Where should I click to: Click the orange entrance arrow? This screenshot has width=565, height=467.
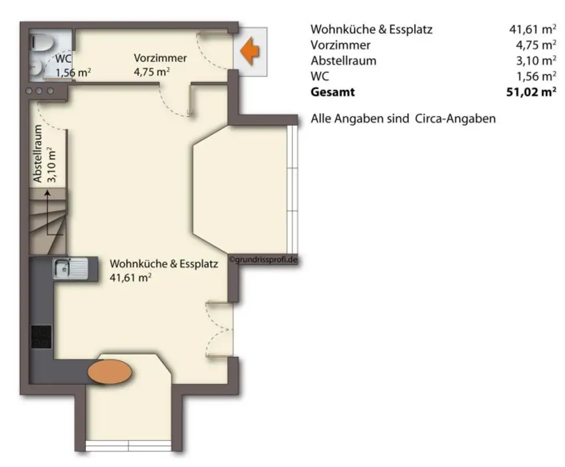tap(250, 51)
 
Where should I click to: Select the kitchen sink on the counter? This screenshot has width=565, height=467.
tap(70, 269)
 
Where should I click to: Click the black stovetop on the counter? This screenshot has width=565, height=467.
tap(41, 337)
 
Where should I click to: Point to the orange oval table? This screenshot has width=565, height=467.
tap(110, 372)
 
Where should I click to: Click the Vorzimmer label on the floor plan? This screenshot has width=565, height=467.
tap(160, 58)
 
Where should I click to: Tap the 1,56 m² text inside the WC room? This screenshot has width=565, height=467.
tap(73, 72)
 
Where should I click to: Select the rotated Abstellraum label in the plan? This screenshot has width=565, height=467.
tap(38, 155)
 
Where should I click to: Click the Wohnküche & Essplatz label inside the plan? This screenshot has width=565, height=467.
tap(164, 264)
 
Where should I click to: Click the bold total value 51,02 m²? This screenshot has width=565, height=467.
tap(531, 92)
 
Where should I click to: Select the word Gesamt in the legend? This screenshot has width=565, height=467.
tap(333, 92)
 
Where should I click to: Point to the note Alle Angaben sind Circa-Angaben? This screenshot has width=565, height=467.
tap(403, 119)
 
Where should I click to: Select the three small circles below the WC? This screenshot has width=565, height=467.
tap(39, 91)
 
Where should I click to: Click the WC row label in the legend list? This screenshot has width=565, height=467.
tap(319, 77)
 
